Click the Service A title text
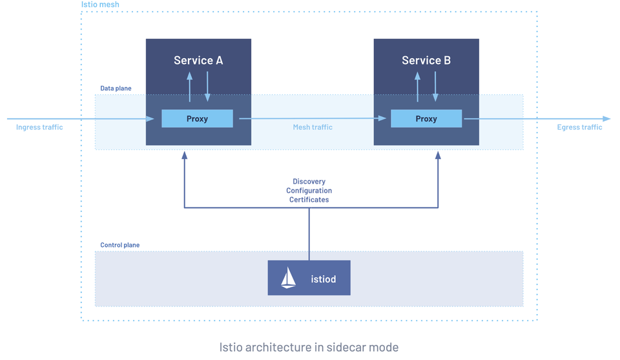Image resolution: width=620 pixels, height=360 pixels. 198,60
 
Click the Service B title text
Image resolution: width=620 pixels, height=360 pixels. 426,60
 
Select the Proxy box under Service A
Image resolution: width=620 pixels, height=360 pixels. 197,118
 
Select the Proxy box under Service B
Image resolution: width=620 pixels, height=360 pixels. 426,118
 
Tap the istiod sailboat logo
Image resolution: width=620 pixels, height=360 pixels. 288,278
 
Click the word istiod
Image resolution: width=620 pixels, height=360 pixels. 324,279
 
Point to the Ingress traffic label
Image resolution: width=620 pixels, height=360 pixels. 39,127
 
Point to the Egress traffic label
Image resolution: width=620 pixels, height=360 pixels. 579,127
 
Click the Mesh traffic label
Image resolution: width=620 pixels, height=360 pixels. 313,127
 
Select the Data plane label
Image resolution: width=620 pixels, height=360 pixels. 116,88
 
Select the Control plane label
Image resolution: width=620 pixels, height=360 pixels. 119,245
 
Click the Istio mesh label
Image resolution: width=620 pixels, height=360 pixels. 100,5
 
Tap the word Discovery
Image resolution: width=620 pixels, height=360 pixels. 309,182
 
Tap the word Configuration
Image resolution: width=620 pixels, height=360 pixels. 309,191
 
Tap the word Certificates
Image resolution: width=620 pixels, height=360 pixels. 309,200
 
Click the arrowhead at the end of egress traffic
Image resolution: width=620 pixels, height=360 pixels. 606,119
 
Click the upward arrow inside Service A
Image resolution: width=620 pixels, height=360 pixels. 190,87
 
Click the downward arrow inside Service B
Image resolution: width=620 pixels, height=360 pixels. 435,87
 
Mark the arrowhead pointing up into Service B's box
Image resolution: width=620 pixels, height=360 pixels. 438,155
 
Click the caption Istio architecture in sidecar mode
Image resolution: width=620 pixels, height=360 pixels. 309,347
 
